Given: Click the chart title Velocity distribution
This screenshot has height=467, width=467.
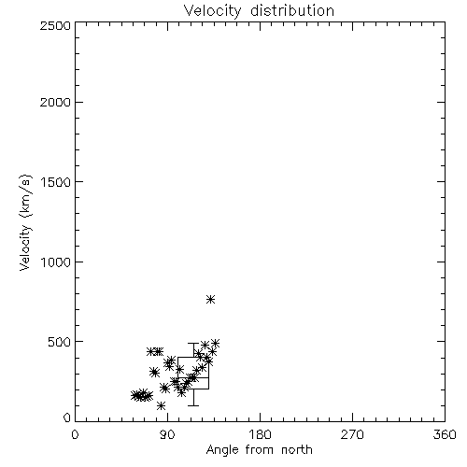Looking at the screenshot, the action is [259, 11].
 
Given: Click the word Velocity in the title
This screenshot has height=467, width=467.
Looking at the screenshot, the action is [212, 11].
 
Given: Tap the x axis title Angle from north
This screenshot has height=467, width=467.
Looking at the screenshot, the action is [260, 450].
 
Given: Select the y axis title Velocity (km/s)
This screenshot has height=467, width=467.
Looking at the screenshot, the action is [25, 222].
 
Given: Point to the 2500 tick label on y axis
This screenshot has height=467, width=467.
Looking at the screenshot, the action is [55, 25].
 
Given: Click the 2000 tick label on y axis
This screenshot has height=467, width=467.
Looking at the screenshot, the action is [55, 103].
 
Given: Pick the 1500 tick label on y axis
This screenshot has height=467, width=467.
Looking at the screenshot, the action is [56, 182].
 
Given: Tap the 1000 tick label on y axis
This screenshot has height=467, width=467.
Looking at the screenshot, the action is [56, 262].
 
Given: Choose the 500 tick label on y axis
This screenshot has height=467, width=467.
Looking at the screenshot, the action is [60, 342].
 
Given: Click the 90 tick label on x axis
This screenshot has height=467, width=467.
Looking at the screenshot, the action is [167, 434].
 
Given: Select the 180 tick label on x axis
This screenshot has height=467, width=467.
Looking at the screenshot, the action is [260, 434].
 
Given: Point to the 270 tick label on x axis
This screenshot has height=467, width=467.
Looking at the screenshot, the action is [352, 434].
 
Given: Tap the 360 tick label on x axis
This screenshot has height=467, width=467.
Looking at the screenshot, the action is [445, 434].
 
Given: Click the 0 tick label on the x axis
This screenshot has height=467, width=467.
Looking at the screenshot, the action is [75, 434].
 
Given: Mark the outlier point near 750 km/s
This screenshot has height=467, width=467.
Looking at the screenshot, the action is [211, 300].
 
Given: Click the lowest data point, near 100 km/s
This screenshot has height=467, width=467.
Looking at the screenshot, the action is [161, 405].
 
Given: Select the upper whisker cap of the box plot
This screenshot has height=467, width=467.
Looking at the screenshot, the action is [193, 343].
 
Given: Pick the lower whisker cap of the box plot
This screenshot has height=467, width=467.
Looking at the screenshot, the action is [193, 405].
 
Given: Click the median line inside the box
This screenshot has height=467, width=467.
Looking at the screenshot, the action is [193, 377].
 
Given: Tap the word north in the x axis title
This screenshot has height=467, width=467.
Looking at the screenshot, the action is [297, 450].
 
